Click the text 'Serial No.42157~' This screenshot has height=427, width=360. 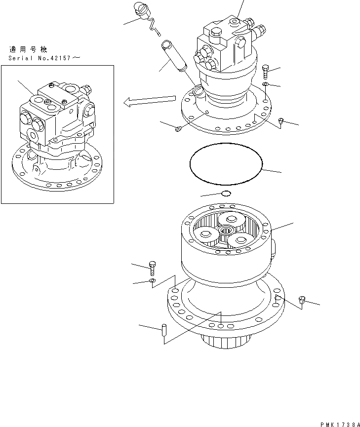click(x=43, y=58)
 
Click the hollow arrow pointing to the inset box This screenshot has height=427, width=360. click(x=148, y=102)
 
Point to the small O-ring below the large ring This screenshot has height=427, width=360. click(x=226, y=193)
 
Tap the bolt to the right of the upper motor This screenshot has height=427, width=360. click(x=266, y=72)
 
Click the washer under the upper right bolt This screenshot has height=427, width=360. click(x=266, y=85)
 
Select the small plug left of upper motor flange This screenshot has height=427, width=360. click(x=178, y=129)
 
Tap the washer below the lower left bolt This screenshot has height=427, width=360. click(x=152, y=281)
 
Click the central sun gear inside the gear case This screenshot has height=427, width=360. click(x=227, y=230)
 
